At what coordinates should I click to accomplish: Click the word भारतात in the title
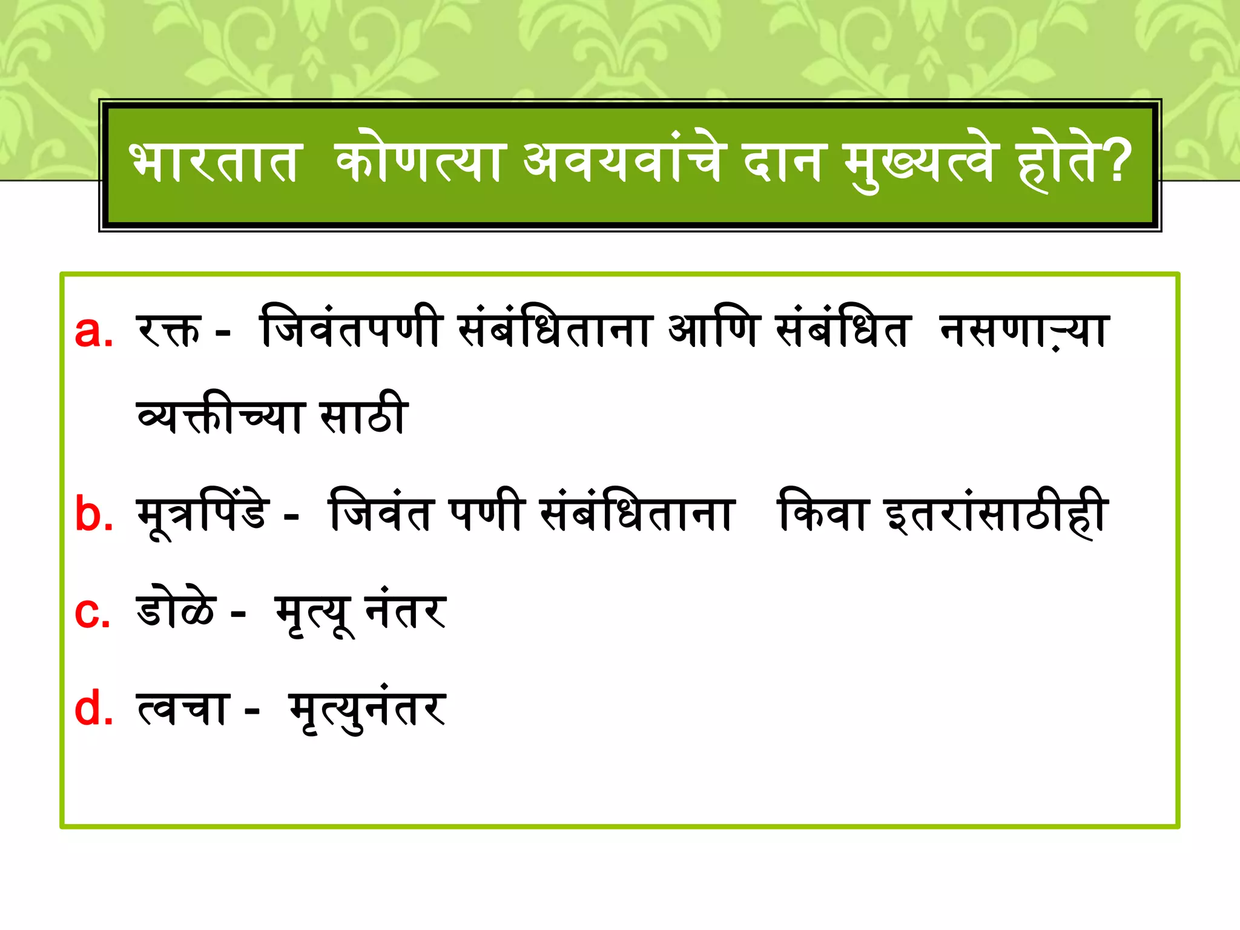214,162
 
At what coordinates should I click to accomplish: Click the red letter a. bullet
93,331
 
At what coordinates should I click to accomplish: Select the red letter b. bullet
94,514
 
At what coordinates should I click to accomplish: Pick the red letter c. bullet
92,612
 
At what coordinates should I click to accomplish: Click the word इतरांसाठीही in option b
996,514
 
